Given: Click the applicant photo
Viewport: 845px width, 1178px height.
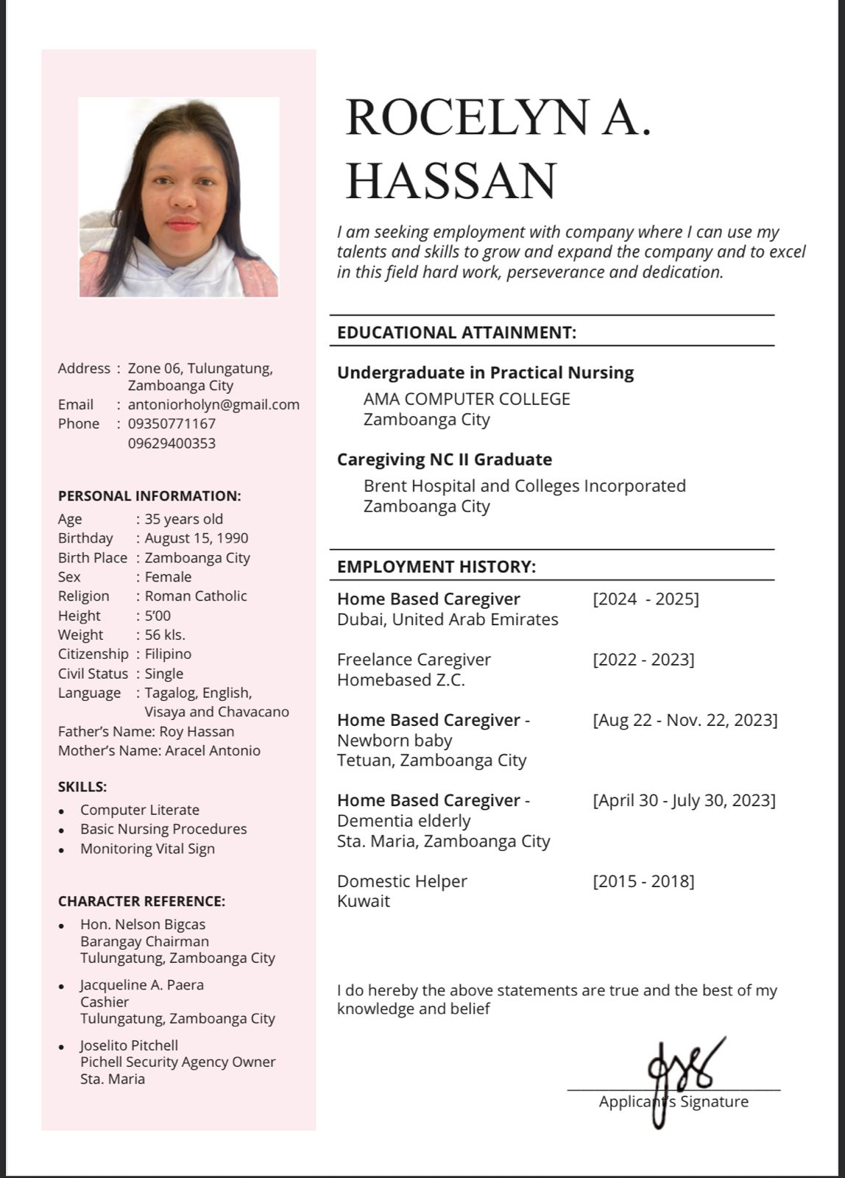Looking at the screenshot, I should click(x=179, y=197).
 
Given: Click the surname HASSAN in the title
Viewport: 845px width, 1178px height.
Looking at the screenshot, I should click(x=450, y=181).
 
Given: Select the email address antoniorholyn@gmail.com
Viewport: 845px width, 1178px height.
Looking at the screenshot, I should click(x=213, y=404).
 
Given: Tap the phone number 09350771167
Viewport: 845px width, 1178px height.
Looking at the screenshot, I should click(x=172, y=423).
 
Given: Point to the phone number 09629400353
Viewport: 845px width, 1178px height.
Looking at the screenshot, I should click(x=172, y=443).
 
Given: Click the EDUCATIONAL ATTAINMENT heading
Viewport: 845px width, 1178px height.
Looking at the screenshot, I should click(x=456, y=332).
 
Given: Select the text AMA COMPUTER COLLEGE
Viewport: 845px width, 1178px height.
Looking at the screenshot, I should click(x=467, y=399).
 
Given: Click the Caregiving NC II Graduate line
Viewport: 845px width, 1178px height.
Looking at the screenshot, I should click(x=444, y=459).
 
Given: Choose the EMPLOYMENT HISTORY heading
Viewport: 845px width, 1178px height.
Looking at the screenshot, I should click(x=436, y=566).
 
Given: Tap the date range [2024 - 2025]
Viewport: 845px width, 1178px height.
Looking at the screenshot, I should click(x=646, y=599).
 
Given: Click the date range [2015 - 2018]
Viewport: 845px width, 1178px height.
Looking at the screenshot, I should click(x=643, y=881).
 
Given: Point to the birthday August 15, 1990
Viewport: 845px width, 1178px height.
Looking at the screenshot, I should click(x=197, y=538).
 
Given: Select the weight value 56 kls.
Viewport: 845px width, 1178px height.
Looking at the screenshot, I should click(x=165, y=635).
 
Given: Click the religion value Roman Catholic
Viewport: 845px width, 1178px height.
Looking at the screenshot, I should click(x=196, y=596).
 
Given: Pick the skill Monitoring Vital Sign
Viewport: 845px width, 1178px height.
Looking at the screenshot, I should click(x=147, y=848).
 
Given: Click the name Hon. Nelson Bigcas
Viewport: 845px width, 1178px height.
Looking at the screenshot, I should click(x=143, y=924).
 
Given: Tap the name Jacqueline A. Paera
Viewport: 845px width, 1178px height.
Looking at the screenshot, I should click(x=142, y=984).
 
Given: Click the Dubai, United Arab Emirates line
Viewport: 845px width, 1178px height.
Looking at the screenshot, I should click(x=448, y=619).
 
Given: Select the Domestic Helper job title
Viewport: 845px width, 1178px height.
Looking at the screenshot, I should click(x=402, y=881).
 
